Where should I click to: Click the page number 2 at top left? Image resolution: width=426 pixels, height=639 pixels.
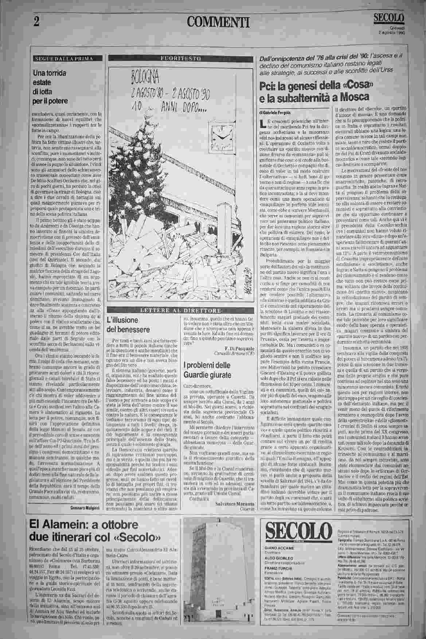click(x=36, y=21)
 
